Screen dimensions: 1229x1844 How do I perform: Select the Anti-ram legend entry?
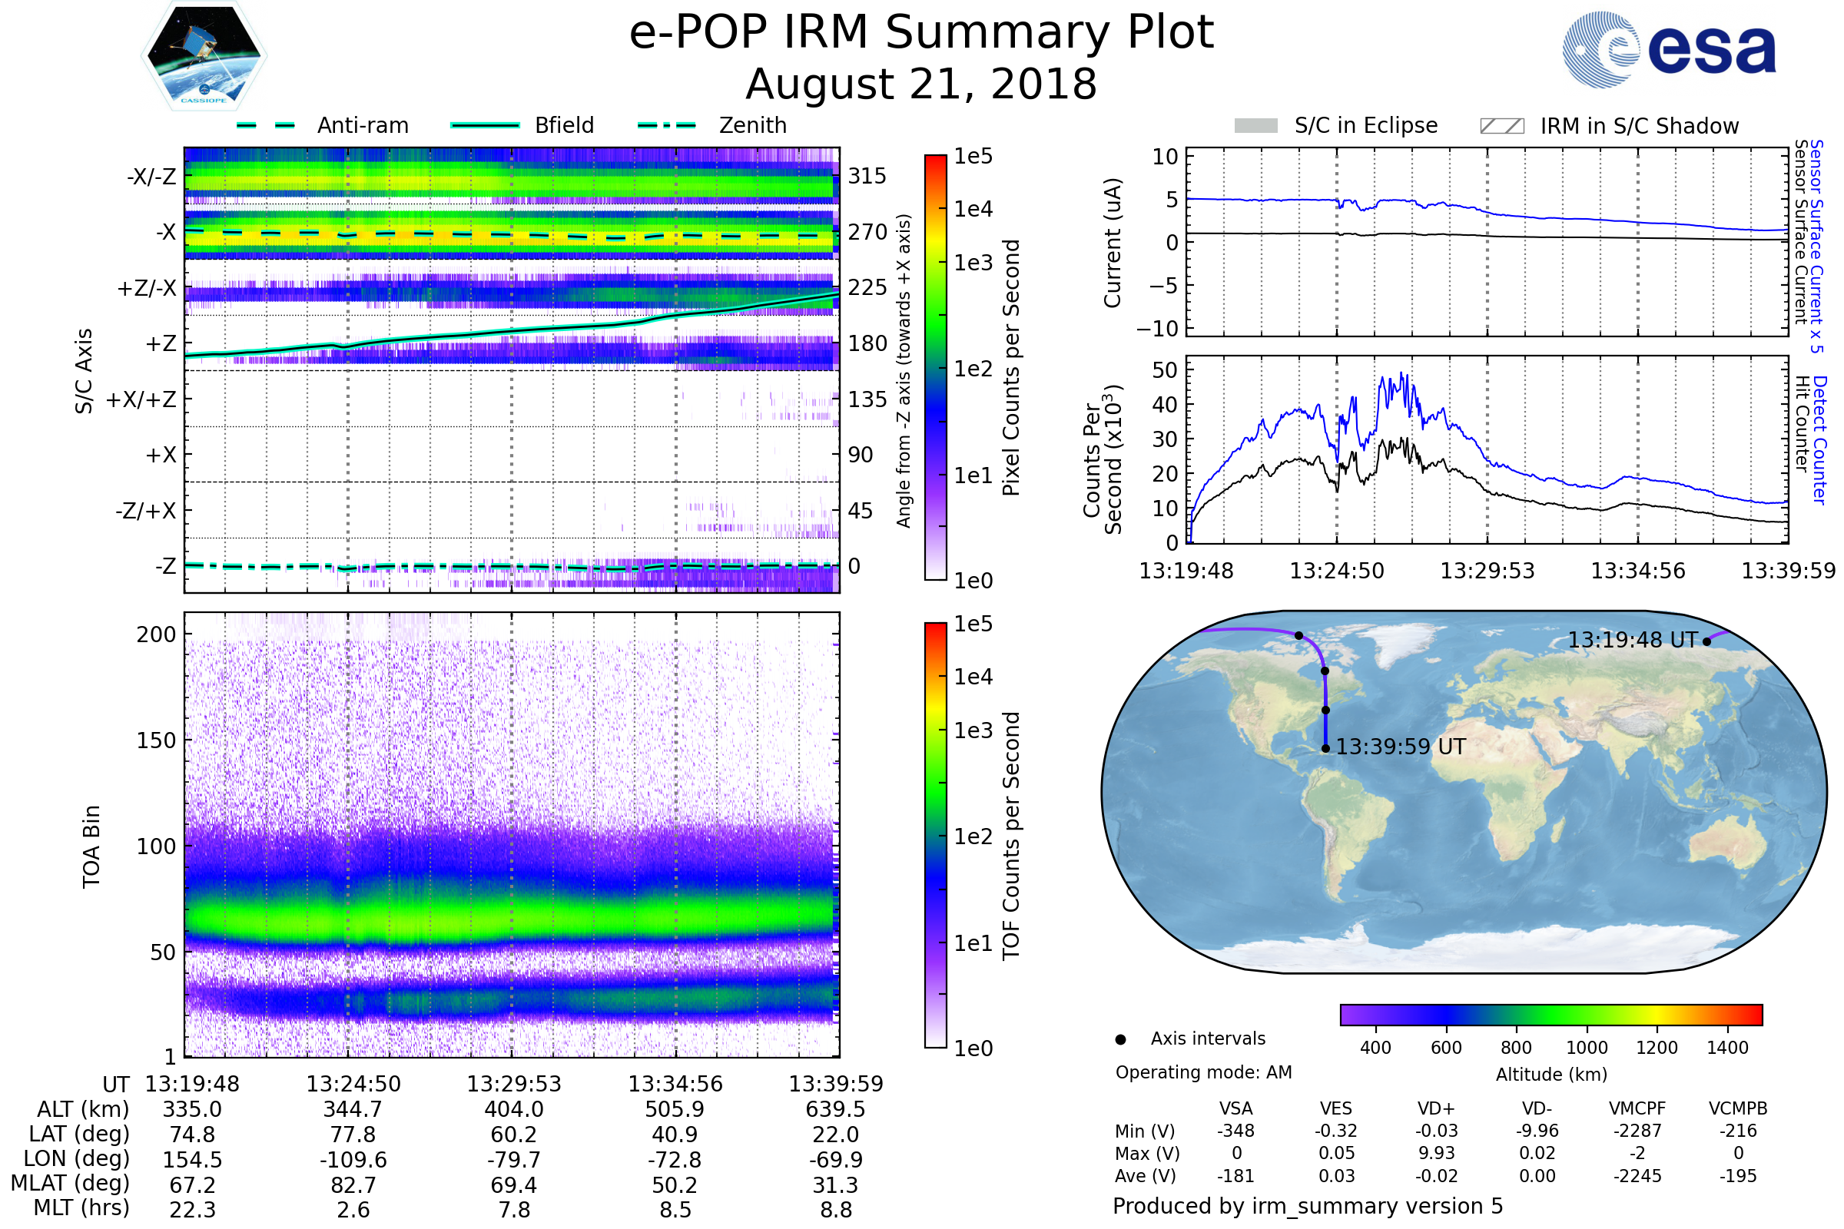[362, 125]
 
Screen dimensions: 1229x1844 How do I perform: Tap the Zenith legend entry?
[752, 125]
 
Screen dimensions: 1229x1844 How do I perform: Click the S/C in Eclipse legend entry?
[1365, 125]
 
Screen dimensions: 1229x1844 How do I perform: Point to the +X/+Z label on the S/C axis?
[141, 399]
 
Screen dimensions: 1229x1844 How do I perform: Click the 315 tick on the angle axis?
[867, 176]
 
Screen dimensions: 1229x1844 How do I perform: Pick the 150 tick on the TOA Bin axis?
[156, 740]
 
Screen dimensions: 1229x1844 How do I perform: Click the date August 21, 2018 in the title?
[921, 84]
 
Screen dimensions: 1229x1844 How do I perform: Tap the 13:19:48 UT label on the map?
[1631, 641]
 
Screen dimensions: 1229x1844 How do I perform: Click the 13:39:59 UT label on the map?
[1400, 747]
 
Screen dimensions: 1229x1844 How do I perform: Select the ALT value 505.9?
[675, 1109]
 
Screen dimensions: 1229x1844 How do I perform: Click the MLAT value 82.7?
[353, 1184]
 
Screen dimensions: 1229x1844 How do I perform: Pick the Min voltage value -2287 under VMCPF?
[1637, 1131]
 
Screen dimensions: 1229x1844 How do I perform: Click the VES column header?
[1336, 1108]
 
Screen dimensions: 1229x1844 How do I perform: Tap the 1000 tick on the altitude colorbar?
[1587, 1048]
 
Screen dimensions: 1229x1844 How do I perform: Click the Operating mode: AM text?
[1203, 1072]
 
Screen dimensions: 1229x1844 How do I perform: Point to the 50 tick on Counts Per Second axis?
[1165, 370]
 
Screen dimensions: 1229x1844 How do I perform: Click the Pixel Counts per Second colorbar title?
[1011, 367]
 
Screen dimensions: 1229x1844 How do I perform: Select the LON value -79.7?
[513, 1159]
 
